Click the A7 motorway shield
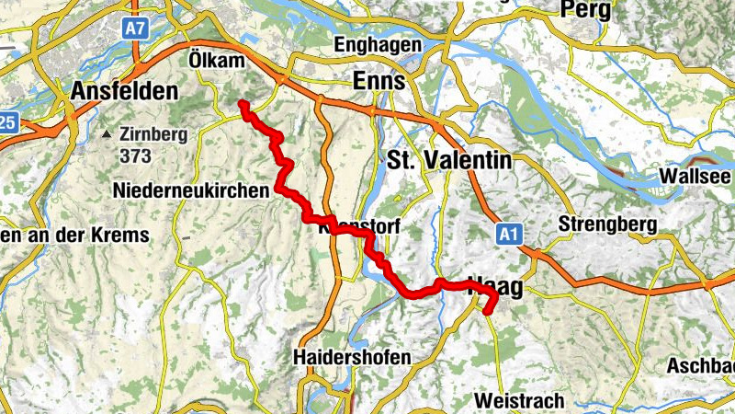pyautogui.click(x=136, y=28)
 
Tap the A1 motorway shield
pyautogui.click(x=510, y=236)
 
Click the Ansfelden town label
pyautogui.click(x=123, y=92)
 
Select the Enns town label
pyautogui.click(x=379, y=82)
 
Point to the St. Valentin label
pyautogui.click(x=449, y=159)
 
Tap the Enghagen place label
pyautogui.click(x=379, y=44)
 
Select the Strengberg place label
pyautogui.click(x=606, y=224)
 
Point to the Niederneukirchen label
pyautogui.click(x=193, y=190)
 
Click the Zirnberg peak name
pyautogui.click(x=153, y=134)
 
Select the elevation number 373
pyautogui.click(x=135, y=155)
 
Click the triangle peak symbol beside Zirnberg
pyautogui.click(x=109, y=134)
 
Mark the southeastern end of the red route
pyautogui.click(x=488, y=311)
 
